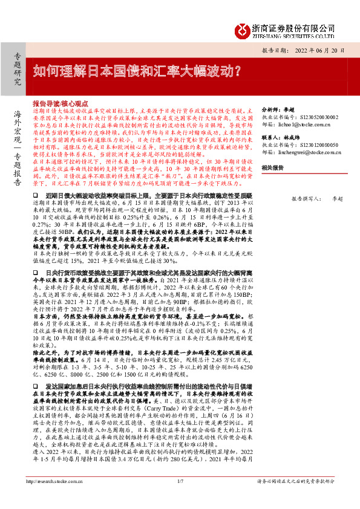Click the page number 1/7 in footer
click(180, 498)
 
